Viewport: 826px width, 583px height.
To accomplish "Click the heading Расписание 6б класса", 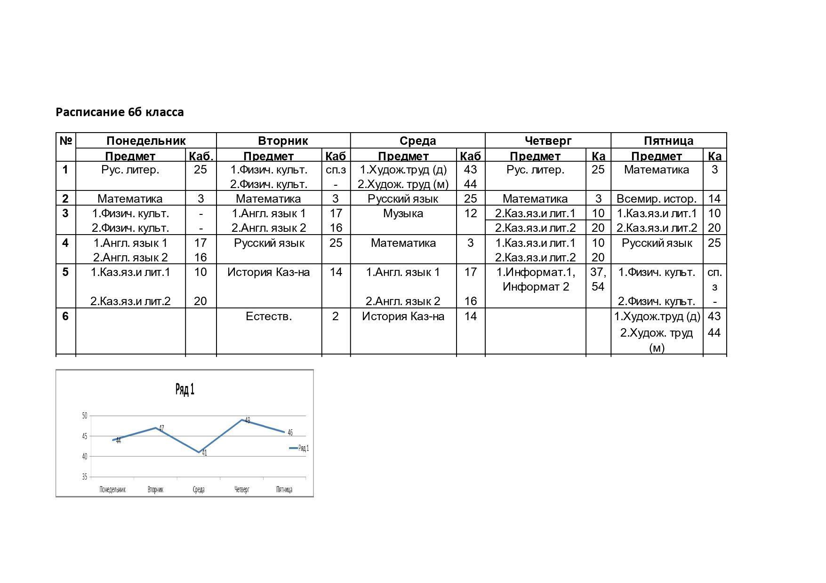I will pyautogui.click(x=120, y=112).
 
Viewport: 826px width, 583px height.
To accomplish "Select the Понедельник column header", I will pyautogui.click(x=146, y=141).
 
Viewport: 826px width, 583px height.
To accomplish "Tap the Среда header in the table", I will pyautogui.click(x=417, y=141).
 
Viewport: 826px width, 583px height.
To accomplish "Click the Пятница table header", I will pyautogui.click(x=668, y=141).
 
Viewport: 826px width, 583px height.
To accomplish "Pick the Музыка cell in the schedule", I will pyautogui.click(x=403, y=213).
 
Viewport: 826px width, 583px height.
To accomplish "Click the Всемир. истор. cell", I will pyautogui.click(x=657, y=198).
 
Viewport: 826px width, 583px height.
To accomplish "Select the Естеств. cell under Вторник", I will pyautogui.click(x=269, y=316).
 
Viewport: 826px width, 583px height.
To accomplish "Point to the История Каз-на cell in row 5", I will pyautogui.click(x=269, y=272).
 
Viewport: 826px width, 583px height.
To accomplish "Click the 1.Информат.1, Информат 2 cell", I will pyautogui.click(x=536, y=279).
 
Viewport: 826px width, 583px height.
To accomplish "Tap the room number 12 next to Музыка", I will pyautogui.click(x=470, y=213).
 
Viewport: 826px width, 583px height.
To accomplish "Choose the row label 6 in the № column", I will pyautogui.click(x=65, y=316).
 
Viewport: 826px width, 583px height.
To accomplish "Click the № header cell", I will pyautogui.click(x=65, y=141).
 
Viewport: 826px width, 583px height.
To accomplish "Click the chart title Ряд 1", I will pyautogui.click(x=185, y=389).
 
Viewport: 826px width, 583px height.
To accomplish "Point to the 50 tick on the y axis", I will pyautogui.click(x=85, y=416).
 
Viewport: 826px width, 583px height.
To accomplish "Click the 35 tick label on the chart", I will pyautogui.click(x=85, y=477).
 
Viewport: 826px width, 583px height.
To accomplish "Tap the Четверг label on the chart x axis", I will pyautogui.click(x=242, y=489).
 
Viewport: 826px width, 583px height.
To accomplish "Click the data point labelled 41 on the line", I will pyautogui.click(x=199, y=452).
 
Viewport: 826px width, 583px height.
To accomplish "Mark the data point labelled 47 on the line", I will pyautogui.click(x=156, y=428).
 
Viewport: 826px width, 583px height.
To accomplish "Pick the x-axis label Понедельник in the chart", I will pyautogui.click(x=112, y=489).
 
